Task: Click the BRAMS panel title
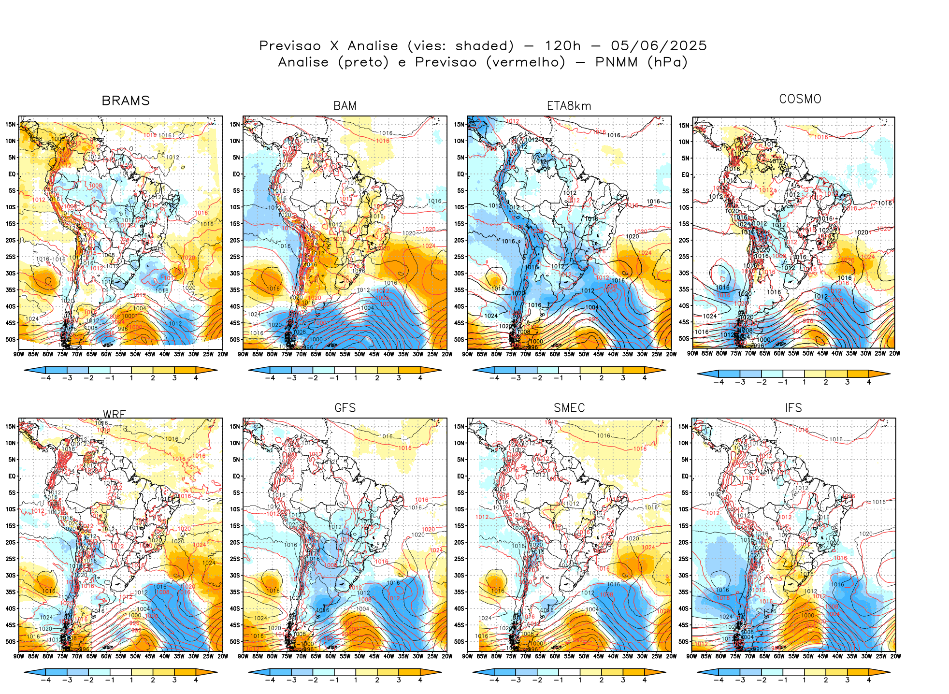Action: click(126, 101)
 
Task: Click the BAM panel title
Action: click(345, 106)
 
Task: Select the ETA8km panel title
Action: click(569, 106)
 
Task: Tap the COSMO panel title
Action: click(800, 99)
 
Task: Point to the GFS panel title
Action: click(345, 408)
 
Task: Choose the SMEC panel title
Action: click(569, 408)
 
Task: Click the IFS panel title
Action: click(793, 408)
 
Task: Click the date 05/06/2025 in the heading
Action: click(659, 46)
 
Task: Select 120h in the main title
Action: click(562, 46)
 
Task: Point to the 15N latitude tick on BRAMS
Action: click(11, 124)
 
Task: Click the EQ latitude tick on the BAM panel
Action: click(236, 174)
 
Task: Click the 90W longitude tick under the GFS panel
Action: click(243, 656)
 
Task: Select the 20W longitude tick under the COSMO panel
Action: click(894, 353)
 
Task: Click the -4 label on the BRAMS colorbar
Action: click(45, 378)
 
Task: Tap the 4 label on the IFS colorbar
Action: click(868, 680)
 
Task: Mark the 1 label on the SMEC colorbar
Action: click(580, 680)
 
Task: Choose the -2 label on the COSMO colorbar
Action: click(761, 382)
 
